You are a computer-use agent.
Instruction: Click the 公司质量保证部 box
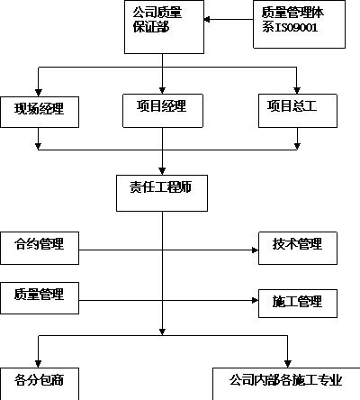164,27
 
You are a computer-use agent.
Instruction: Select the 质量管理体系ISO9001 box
299,24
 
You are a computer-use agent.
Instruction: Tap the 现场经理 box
40,112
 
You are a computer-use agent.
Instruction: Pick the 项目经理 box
163,111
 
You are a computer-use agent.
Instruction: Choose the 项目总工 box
298,111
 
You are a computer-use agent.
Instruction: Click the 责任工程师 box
162,193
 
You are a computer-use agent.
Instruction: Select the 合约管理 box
40,248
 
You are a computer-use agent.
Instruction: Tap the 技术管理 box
298,248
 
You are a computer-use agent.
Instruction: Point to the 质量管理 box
40,298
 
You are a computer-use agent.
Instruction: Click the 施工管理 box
298,304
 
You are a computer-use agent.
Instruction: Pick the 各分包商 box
40,384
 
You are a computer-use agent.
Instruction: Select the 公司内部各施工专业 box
286,384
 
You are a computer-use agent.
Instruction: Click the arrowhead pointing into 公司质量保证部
207,20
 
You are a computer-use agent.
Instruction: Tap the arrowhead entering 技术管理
255,250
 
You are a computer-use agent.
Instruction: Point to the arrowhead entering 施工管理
255,300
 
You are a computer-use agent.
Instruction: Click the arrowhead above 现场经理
39,93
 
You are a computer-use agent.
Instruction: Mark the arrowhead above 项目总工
297,90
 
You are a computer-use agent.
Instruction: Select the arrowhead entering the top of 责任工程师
162,171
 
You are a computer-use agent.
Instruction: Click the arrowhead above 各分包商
39,364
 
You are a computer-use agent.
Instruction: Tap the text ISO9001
296,28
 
